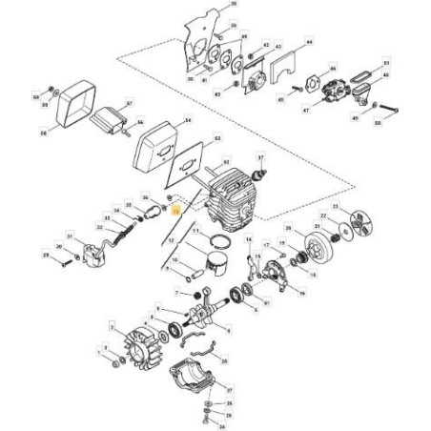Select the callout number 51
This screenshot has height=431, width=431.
tap(385, 63)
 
